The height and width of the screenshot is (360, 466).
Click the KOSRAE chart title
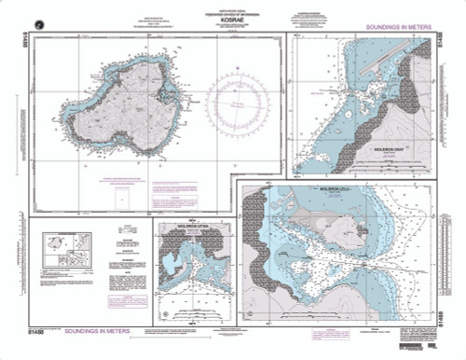coord(232,20)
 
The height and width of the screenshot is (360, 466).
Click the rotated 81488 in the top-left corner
coord(21,40)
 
